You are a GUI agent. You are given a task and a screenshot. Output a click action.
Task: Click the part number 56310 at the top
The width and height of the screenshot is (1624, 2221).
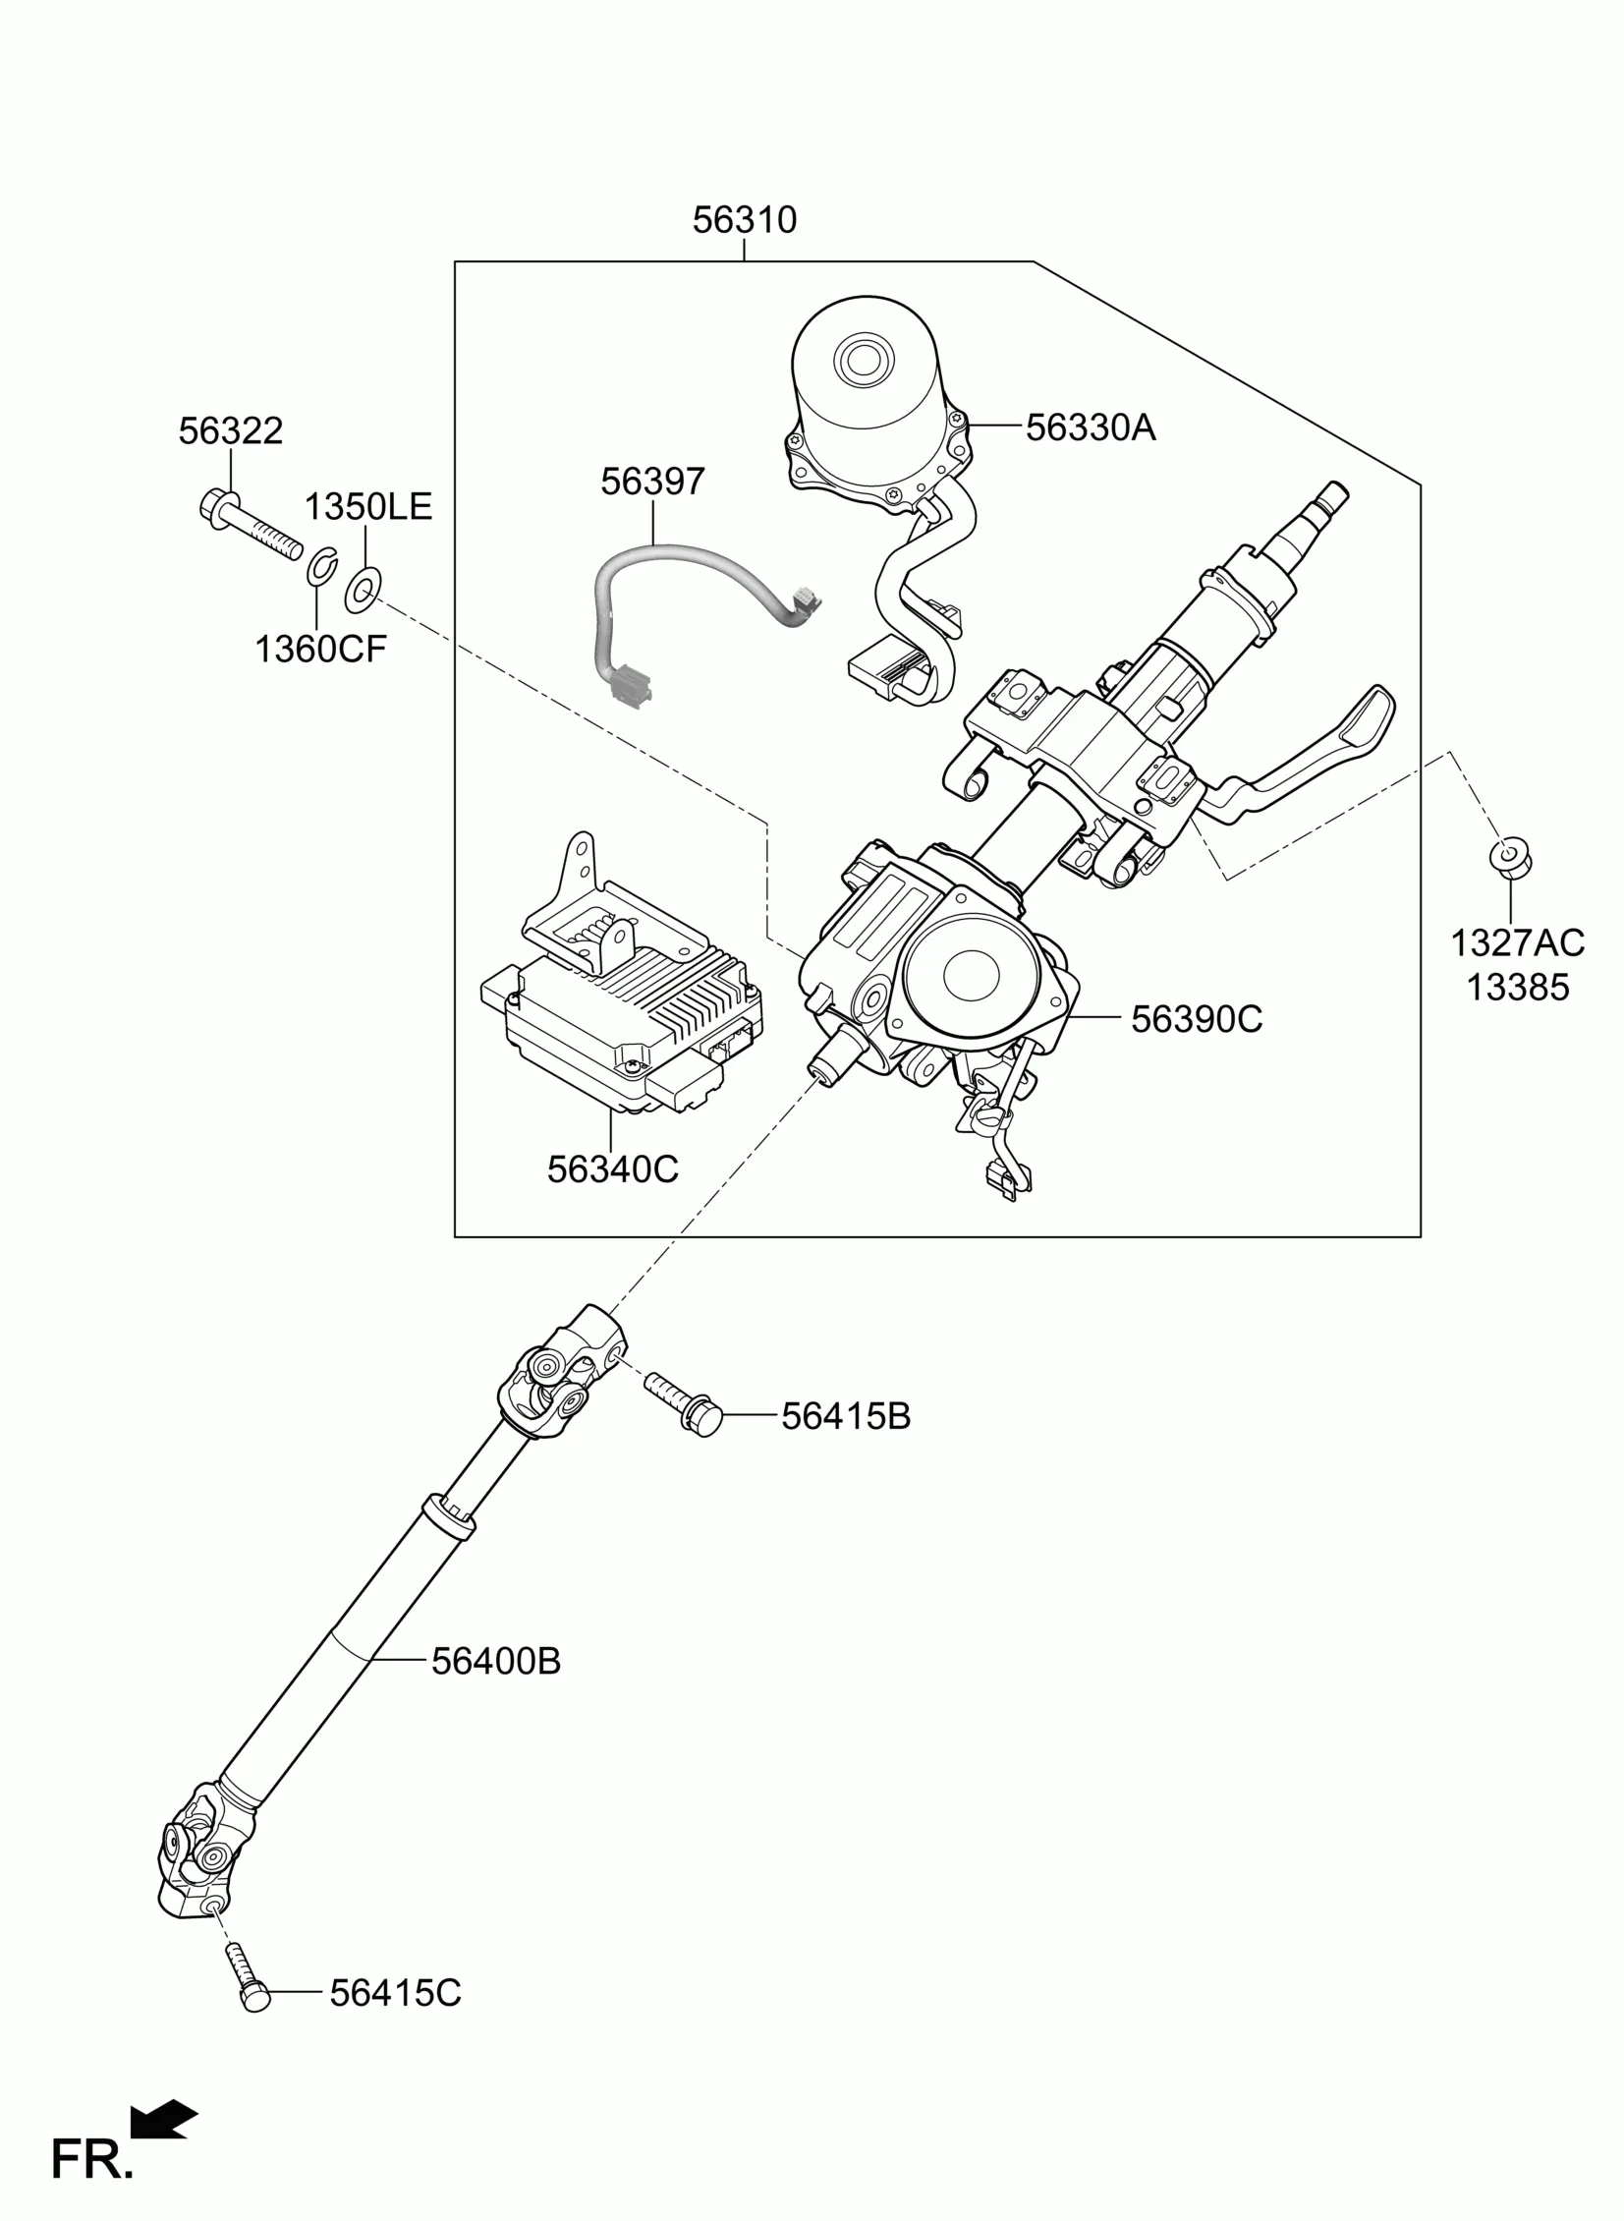(744, 220)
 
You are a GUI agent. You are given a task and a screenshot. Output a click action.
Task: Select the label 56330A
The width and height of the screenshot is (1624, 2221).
(1091, 427)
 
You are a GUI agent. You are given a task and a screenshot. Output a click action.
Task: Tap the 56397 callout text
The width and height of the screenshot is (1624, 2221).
(652, 482)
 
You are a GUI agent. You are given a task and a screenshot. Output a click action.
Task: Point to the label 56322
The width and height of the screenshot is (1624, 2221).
(231, 430)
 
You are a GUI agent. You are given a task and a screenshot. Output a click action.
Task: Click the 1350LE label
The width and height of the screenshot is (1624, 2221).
(367, 507)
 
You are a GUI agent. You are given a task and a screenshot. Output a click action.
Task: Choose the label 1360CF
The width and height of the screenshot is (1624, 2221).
(320, 649)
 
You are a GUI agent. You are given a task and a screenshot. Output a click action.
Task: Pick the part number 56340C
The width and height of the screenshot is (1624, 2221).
(612, 1169)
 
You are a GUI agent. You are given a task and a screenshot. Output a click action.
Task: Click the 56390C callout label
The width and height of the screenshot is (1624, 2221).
(1197, 1019)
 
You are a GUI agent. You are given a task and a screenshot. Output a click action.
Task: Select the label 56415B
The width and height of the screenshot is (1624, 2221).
(846, 1417)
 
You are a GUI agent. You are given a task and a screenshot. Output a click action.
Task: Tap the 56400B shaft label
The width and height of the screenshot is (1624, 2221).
(496, 1662)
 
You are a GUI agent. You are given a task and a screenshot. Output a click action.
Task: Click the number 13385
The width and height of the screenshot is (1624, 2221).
(1518, 987)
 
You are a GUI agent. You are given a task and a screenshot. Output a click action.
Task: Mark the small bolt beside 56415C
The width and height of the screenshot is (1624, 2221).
(246, 1977)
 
